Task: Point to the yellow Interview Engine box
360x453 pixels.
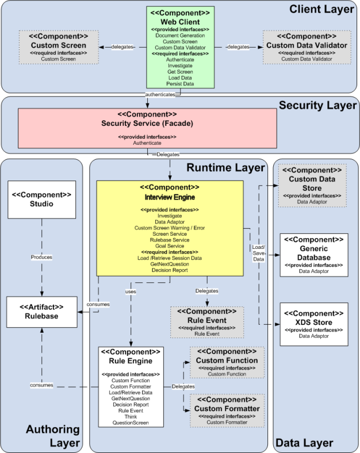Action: (170, 227)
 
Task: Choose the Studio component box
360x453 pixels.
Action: (41, 199)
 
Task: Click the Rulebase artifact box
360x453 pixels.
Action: (41, 312)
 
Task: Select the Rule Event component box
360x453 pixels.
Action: (207, 322)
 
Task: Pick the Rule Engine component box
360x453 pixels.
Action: (131, 386)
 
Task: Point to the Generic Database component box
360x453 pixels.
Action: (314, 255)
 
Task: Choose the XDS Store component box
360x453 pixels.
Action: (314, 324)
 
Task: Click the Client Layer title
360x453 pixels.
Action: (321, 9)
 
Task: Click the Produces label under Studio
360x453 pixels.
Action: (41, 257)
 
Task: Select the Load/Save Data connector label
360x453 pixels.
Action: (258, 253)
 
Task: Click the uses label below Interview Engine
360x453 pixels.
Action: (131, 291)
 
